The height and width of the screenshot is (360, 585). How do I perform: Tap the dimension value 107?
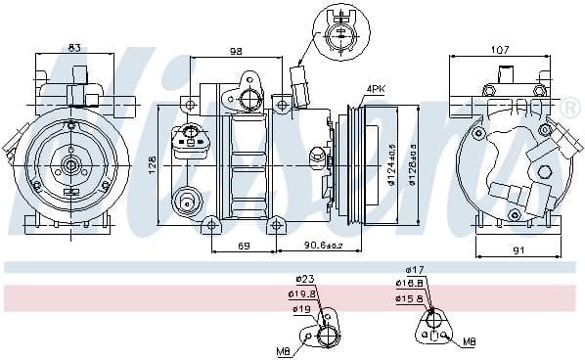click(x=500, y=49)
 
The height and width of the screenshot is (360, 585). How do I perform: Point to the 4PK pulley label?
click(x=376, y=89)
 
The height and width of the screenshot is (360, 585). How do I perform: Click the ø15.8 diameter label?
click(x=411, y=299)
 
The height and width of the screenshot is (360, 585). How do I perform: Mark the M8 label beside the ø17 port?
click(x=470, y=342)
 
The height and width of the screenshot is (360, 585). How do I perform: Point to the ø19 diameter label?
click(x=301, y=309)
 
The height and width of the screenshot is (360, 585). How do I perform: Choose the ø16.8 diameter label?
click(x=411, y=285)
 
